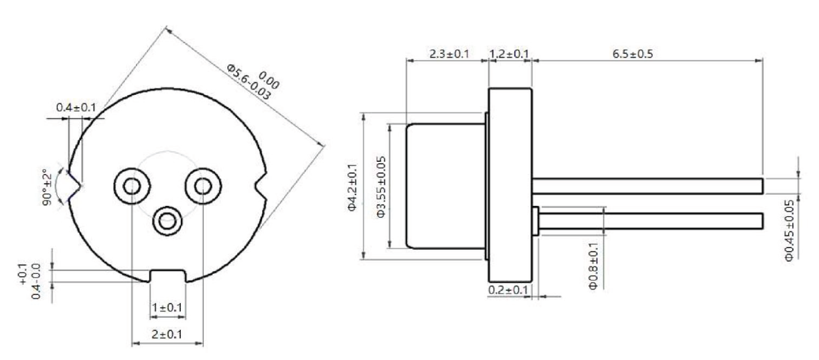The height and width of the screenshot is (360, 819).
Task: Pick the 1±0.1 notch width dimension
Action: point(167,307)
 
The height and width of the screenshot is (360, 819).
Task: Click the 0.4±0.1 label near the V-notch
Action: point(76,108)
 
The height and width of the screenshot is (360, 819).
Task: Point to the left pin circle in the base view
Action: point(132,185)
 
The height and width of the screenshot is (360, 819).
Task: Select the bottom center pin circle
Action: point(167,222)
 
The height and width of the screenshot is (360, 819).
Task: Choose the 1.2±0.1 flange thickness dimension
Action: point(509,54)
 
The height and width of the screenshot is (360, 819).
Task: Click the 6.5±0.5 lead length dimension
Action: point(633,54)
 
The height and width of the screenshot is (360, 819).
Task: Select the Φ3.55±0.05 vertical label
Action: point(381,187)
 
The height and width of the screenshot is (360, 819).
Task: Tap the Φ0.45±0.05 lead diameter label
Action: point(789,231)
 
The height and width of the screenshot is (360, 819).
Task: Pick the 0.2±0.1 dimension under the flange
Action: point(508,290)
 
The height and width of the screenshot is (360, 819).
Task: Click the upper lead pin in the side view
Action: point(646,186)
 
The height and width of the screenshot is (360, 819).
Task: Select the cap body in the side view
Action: point(446,186)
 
